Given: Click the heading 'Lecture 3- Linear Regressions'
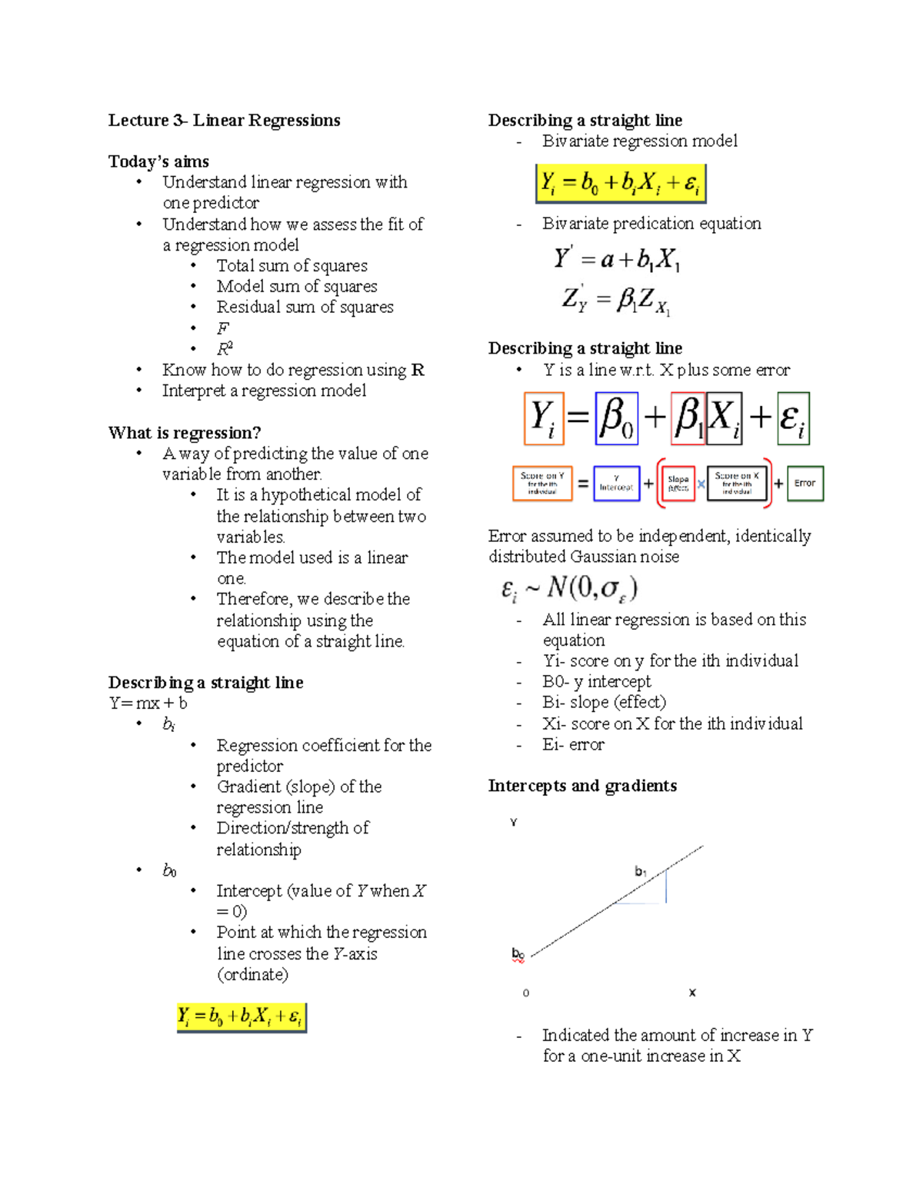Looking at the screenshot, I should coord(224,121).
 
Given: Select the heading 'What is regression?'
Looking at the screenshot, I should coord(185,433).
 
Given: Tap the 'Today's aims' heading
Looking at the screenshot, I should coord(158,161).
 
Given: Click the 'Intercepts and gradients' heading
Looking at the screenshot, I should coord(582,786).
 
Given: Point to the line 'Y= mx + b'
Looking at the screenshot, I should coord(148,703).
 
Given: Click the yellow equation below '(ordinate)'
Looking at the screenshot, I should coord(242,1017).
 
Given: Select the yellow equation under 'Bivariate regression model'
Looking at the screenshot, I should coord(620,183).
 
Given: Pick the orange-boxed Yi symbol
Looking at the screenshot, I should coord(544,418).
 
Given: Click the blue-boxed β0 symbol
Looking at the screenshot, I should coord(617,418).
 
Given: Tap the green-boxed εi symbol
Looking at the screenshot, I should coord(793,418).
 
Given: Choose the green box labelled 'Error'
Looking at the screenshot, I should coord(805,484).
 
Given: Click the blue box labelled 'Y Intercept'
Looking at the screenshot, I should coord(616,484).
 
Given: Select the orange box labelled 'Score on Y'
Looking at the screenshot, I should coord(542,484).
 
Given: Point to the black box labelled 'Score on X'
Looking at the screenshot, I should coord(737,484).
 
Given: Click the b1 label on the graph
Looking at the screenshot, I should coord(641,871).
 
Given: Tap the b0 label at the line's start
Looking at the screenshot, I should coord(518,954).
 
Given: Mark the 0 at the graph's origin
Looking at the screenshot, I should coord(526,993).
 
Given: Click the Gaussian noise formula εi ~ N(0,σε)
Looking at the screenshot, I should coord(569,589).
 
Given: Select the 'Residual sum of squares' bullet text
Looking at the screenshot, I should coord(305,307).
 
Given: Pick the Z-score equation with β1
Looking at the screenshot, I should coord(616,300).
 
